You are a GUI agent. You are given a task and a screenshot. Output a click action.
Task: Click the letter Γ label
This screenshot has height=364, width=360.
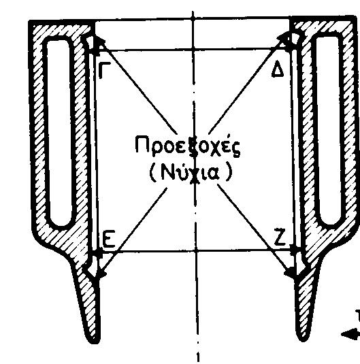tap(104, 70)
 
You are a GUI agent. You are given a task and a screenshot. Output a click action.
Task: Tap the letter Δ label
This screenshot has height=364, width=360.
tap(278, 69)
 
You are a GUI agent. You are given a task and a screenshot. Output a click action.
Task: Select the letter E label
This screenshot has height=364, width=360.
tap(108, 239)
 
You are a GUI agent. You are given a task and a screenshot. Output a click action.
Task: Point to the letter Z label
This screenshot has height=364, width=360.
tap(280, 237)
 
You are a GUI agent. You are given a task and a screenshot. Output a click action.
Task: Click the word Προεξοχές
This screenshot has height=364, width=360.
tap(188, 146)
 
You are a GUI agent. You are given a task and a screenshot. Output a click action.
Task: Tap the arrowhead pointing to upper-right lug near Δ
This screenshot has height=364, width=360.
tap(284, 39)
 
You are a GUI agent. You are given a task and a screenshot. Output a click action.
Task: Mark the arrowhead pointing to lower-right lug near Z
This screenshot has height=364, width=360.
tap(290, 272)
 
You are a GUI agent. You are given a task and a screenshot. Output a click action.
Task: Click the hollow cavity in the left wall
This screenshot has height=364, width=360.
tap(59, 132)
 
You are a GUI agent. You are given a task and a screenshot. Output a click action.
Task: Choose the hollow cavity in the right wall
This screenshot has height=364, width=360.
tap(328, 130)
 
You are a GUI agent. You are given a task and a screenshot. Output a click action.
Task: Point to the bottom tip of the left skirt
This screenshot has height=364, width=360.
tap(93, 343)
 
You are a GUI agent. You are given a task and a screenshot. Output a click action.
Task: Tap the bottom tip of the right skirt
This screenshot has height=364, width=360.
tap(303, 340)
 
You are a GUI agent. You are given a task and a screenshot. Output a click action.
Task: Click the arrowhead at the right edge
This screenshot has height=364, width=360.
tap(350, 335)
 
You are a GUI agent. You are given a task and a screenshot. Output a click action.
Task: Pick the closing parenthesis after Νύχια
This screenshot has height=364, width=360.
tap(229, 172)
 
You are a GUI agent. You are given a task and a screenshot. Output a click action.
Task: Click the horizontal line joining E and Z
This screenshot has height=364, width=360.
tap(196, 250)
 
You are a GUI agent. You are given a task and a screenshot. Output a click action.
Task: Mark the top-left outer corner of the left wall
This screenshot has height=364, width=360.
tap(29, 21)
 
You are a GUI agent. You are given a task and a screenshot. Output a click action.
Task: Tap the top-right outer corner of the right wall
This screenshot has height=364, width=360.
tap(355, 16)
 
